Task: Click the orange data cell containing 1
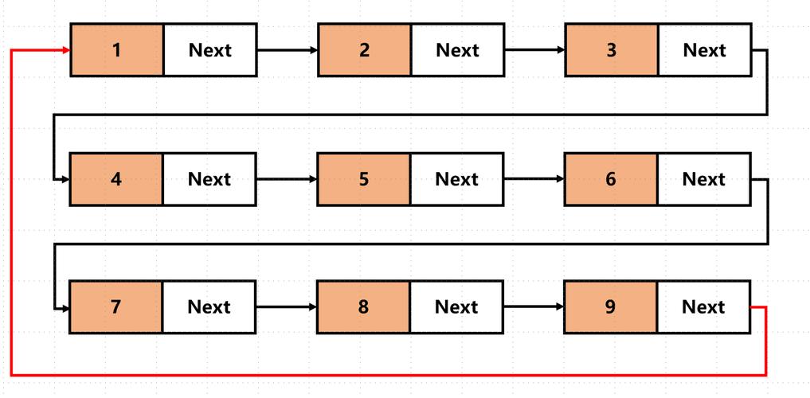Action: (x=117, y=50)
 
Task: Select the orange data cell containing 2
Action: (x=365, y=50)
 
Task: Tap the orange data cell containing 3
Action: (x=612, y=50)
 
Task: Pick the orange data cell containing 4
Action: (x=116, y=179)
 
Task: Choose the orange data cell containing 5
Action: (x=364, y=179)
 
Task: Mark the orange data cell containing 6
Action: (x=611, y=179)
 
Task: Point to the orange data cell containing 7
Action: (x=116, y=306)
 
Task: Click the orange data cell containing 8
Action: (x=363, y=306)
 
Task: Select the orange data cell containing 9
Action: (x=611, y=306)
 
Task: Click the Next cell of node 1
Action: (x=210, y=50)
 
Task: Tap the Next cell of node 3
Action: (x=704, y=50)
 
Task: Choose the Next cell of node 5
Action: (x=456, y=179)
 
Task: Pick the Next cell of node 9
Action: (x=703, y=306)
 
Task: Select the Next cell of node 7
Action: (x=209, y=306)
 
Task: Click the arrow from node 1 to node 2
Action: (x=287, y=50)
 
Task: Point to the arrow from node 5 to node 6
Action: (x=534, y=179)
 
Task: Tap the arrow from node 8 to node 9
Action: (x=534, y=306)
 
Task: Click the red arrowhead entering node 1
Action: (x=65, y=50)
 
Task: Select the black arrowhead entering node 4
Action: (x=65, y=179)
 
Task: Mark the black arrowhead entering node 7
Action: (x=65, y=306)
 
